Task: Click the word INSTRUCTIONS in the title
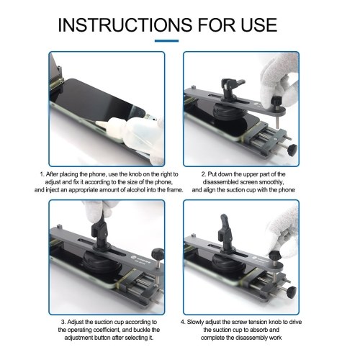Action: coord(125,24)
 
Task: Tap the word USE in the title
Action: coord(259,24)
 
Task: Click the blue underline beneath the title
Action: coord(166,41)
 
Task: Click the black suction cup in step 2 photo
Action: coord(228,111)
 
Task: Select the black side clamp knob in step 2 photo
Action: coord(292,149)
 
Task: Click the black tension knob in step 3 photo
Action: coord(158,253)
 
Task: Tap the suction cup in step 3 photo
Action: coord(102,261)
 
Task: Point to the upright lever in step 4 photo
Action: coord(225,230)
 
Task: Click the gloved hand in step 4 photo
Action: coord(283,230)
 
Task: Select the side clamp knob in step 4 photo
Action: coord(292,292)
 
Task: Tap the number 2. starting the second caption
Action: coord(204,174)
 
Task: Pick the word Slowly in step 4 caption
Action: coord(196,322)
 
